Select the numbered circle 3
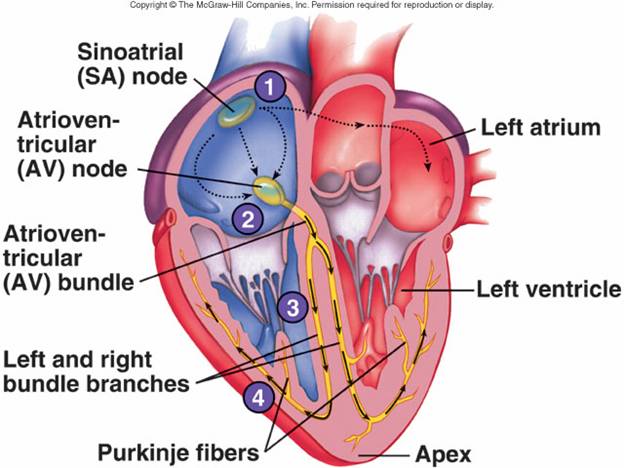[292, 307]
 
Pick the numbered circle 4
[258, 397]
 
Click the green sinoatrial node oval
[238, 112]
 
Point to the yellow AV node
[268, 188]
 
